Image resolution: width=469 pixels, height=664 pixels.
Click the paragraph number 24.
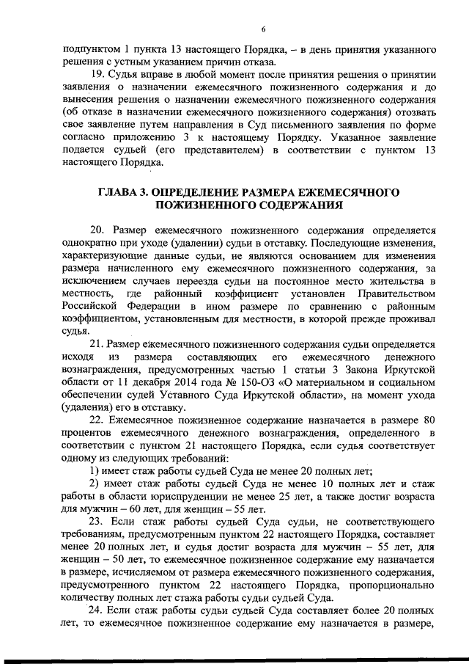click(x=98, y=611)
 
